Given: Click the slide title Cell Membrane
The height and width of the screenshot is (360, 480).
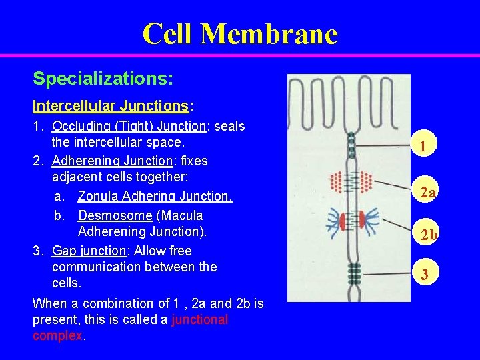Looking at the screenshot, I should (240, 33).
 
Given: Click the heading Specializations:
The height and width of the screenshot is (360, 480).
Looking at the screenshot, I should (103, 79).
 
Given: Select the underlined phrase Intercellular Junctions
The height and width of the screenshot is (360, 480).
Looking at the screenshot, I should (111, 106).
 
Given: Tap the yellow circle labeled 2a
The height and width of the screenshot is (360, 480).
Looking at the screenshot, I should (427, 193).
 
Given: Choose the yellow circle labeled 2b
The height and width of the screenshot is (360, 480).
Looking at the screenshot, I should (427, 235).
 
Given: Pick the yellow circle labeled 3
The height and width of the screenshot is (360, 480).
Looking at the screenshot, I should (424, 273).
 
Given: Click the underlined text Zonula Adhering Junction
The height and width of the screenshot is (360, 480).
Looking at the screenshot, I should (155, 196).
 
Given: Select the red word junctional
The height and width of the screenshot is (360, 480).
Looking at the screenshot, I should (199, 320).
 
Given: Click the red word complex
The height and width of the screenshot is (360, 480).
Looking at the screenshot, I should (57, 335).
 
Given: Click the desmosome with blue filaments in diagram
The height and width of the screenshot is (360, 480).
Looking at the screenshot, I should (351, 222).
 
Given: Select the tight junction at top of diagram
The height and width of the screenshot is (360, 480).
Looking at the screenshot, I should (351, 145).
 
